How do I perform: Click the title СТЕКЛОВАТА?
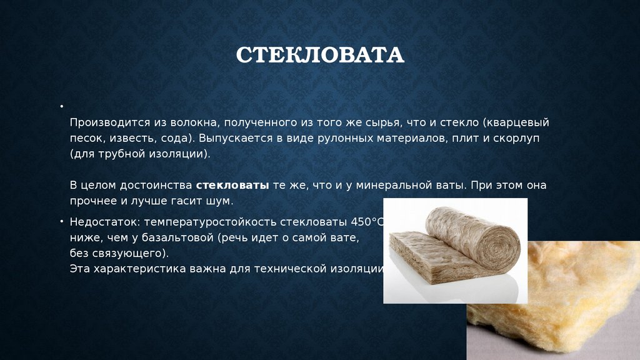click(320, 55)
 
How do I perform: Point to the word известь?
click(132, 138)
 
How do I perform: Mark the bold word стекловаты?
click(232, 185)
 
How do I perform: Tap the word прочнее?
click(92, 201)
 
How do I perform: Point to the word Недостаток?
click(105, 222)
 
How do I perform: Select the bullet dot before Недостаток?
click(62, 221)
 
